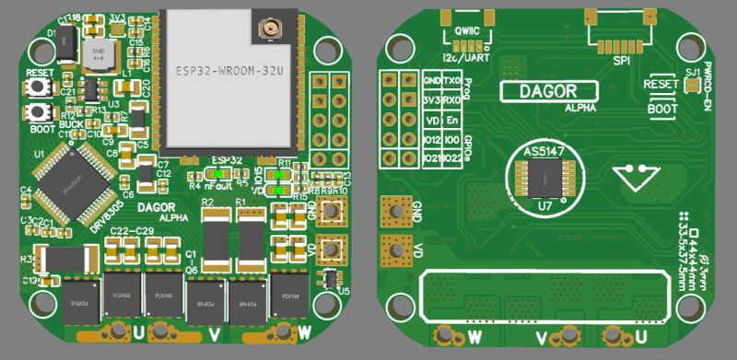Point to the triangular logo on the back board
tap(636, 175)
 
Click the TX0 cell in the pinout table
tap(452, 81)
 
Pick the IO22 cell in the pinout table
tap(452, 157)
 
